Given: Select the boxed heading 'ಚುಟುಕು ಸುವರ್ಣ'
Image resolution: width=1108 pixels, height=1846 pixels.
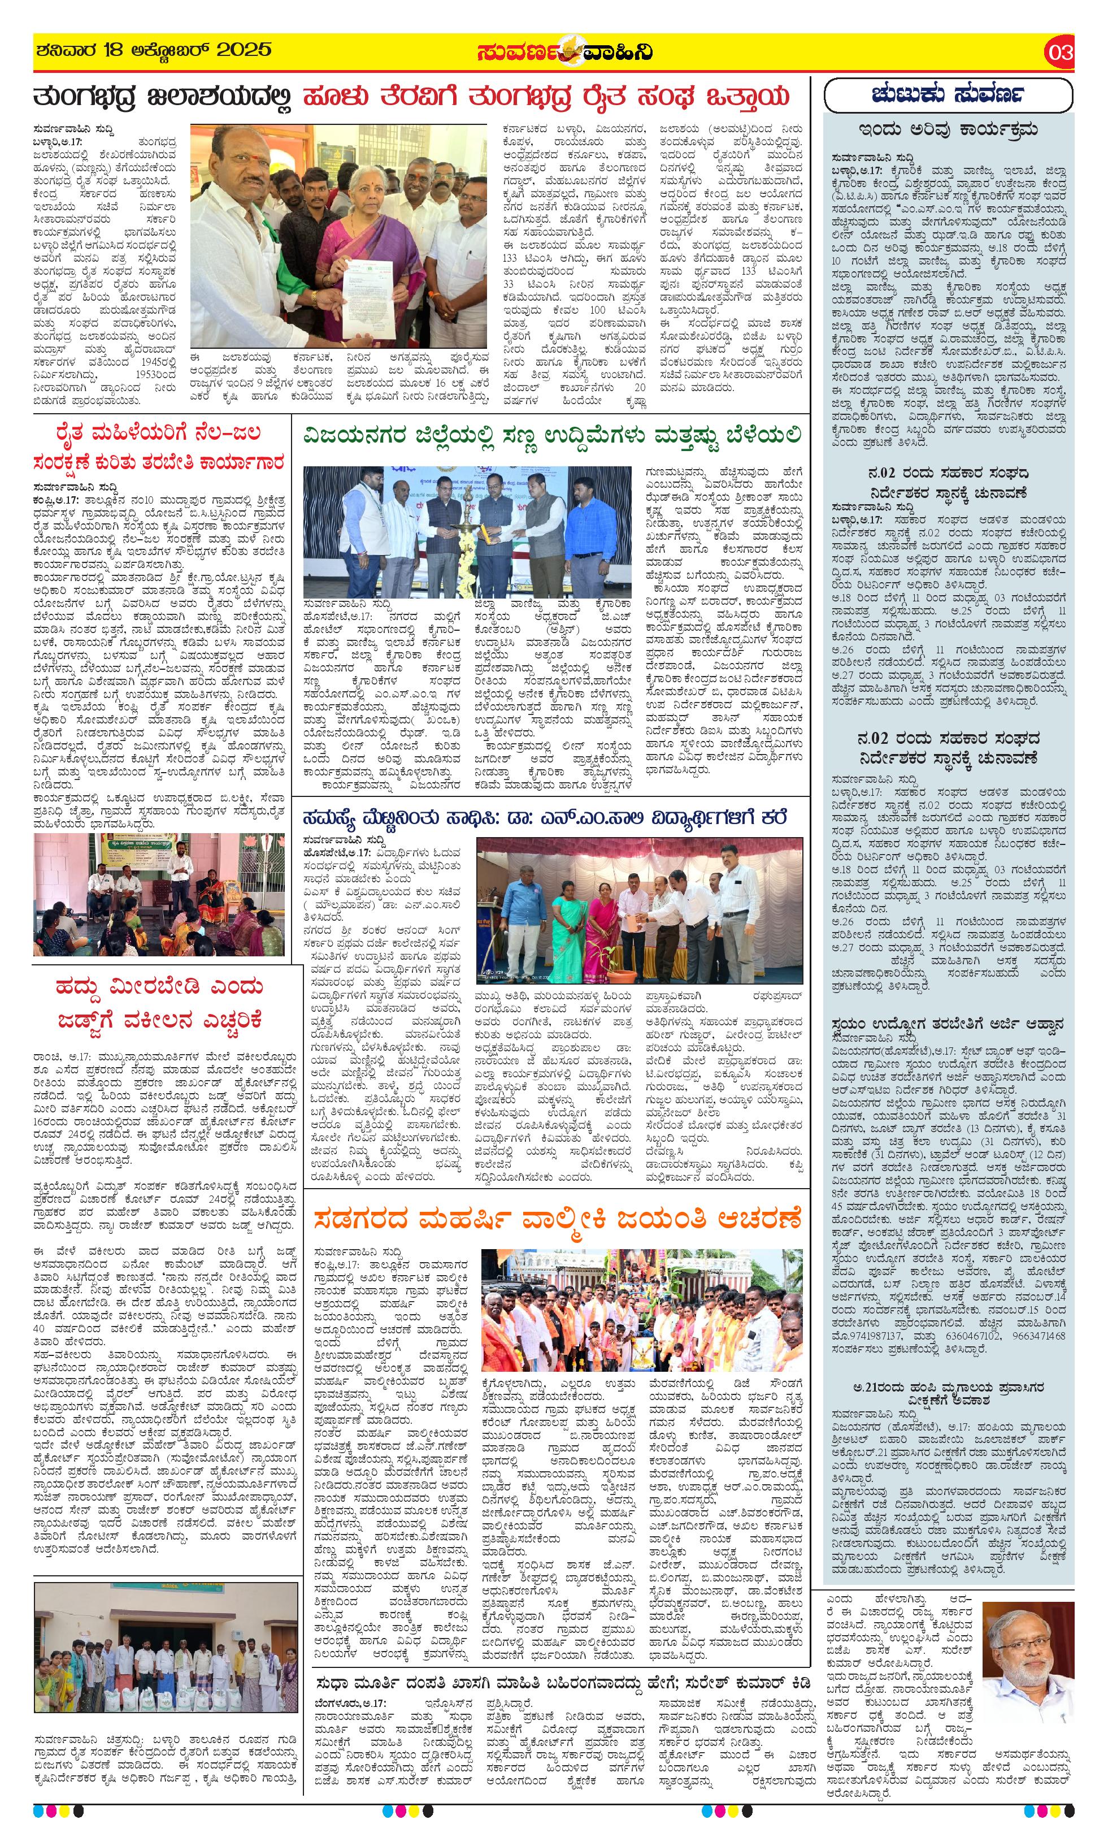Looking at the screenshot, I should coord(948,95).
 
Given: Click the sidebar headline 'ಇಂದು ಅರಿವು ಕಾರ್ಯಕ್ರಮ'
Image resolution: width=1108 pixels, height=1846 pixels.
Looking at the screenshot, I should coord(948,130).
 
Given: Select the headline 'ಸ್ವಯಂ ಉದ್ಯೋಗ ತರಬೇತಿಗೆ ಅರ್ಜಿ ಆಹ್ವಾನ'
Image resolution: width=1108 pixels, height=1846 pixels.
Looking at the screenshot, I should coord(948,1024).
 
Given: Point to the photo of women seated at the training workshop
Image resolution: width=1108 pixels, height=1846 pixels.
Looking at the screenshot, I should coord(158,895).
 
